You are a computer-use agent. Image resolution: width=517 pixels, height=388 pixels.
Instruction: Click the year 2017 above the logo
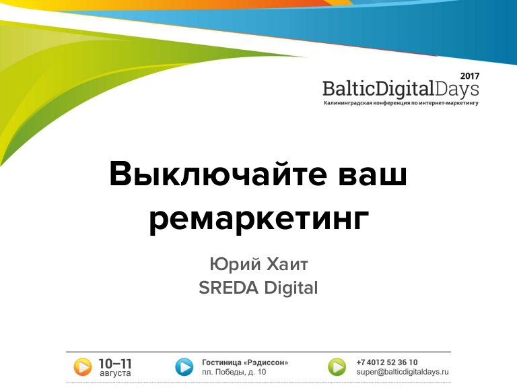(x=470, y=76)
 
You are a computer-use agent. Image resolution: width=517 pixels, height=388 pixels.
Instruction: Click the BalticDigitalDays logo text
(x=401, y=89)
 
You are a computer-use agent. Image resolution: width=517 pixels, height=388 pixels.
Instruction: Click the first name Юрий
(x=235, y=264)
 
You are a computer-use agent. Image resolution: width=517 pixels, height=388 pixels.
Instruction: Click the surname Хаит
(x=287, y=264)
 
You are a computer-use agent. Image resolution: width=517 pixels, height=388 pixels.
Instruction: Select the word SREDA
(x=228, y=288)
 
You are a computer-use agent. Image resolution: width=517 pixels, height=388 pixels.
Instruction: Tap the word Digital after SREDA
(x=291, y=288)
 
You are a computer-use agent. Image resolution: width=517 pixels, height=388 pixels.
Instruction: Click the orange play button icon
(x=82, y=367)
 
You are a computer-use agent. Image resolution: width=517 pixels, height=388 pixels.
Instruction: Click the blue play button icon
(x=184, y=367)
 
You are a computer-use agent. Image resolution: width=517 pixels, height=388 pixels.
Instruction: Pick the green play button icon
(x=337, y=367)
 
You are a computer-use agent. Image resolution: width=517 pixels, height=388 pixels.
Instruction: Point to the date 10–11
(x=115, y=364)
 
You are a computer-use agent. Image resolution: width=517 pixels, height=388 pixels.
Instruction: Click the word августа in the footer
(x=115, y=373)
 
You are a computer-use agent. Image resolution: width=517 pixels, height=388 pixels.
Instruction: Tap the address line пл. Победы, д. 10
(x=234, y=372)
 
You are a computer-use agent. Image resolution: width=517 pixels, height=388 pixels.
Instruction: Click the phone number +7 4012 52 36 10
(x=387, y=362)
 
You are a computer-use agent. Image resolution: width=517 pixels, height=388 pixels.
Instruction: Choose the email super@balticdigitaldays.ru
(x=403, y=372)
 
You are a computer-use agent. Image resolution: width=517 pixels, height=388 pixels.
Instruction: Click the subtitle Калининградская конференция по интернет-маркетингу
(x=401, y=103)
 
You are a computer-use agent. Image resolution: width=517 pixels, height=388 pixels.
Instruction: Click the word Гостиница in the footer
(x=221, y=362)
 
